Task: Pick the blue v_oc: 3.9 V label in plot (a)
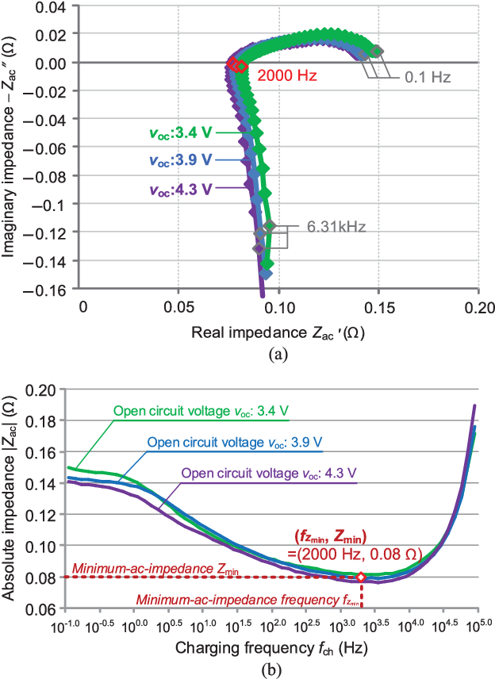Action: pyautogui.click(x=179, y=159)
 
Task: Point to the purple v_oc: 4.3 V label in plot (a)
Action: pyautogui.click(x=180, y=190)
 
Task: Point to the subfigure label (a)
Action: pyautogui.click(x=275, y=355)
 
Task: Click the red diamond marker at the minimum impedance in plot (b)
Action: pyautogui.click(x=361, y=577)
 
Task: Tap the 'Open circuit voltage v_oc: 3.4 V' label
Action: pyautogui.click(x=201, y=411)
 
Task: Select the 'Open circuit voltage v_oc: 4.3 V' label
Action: pyautogui.click(x=270, y=473)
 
